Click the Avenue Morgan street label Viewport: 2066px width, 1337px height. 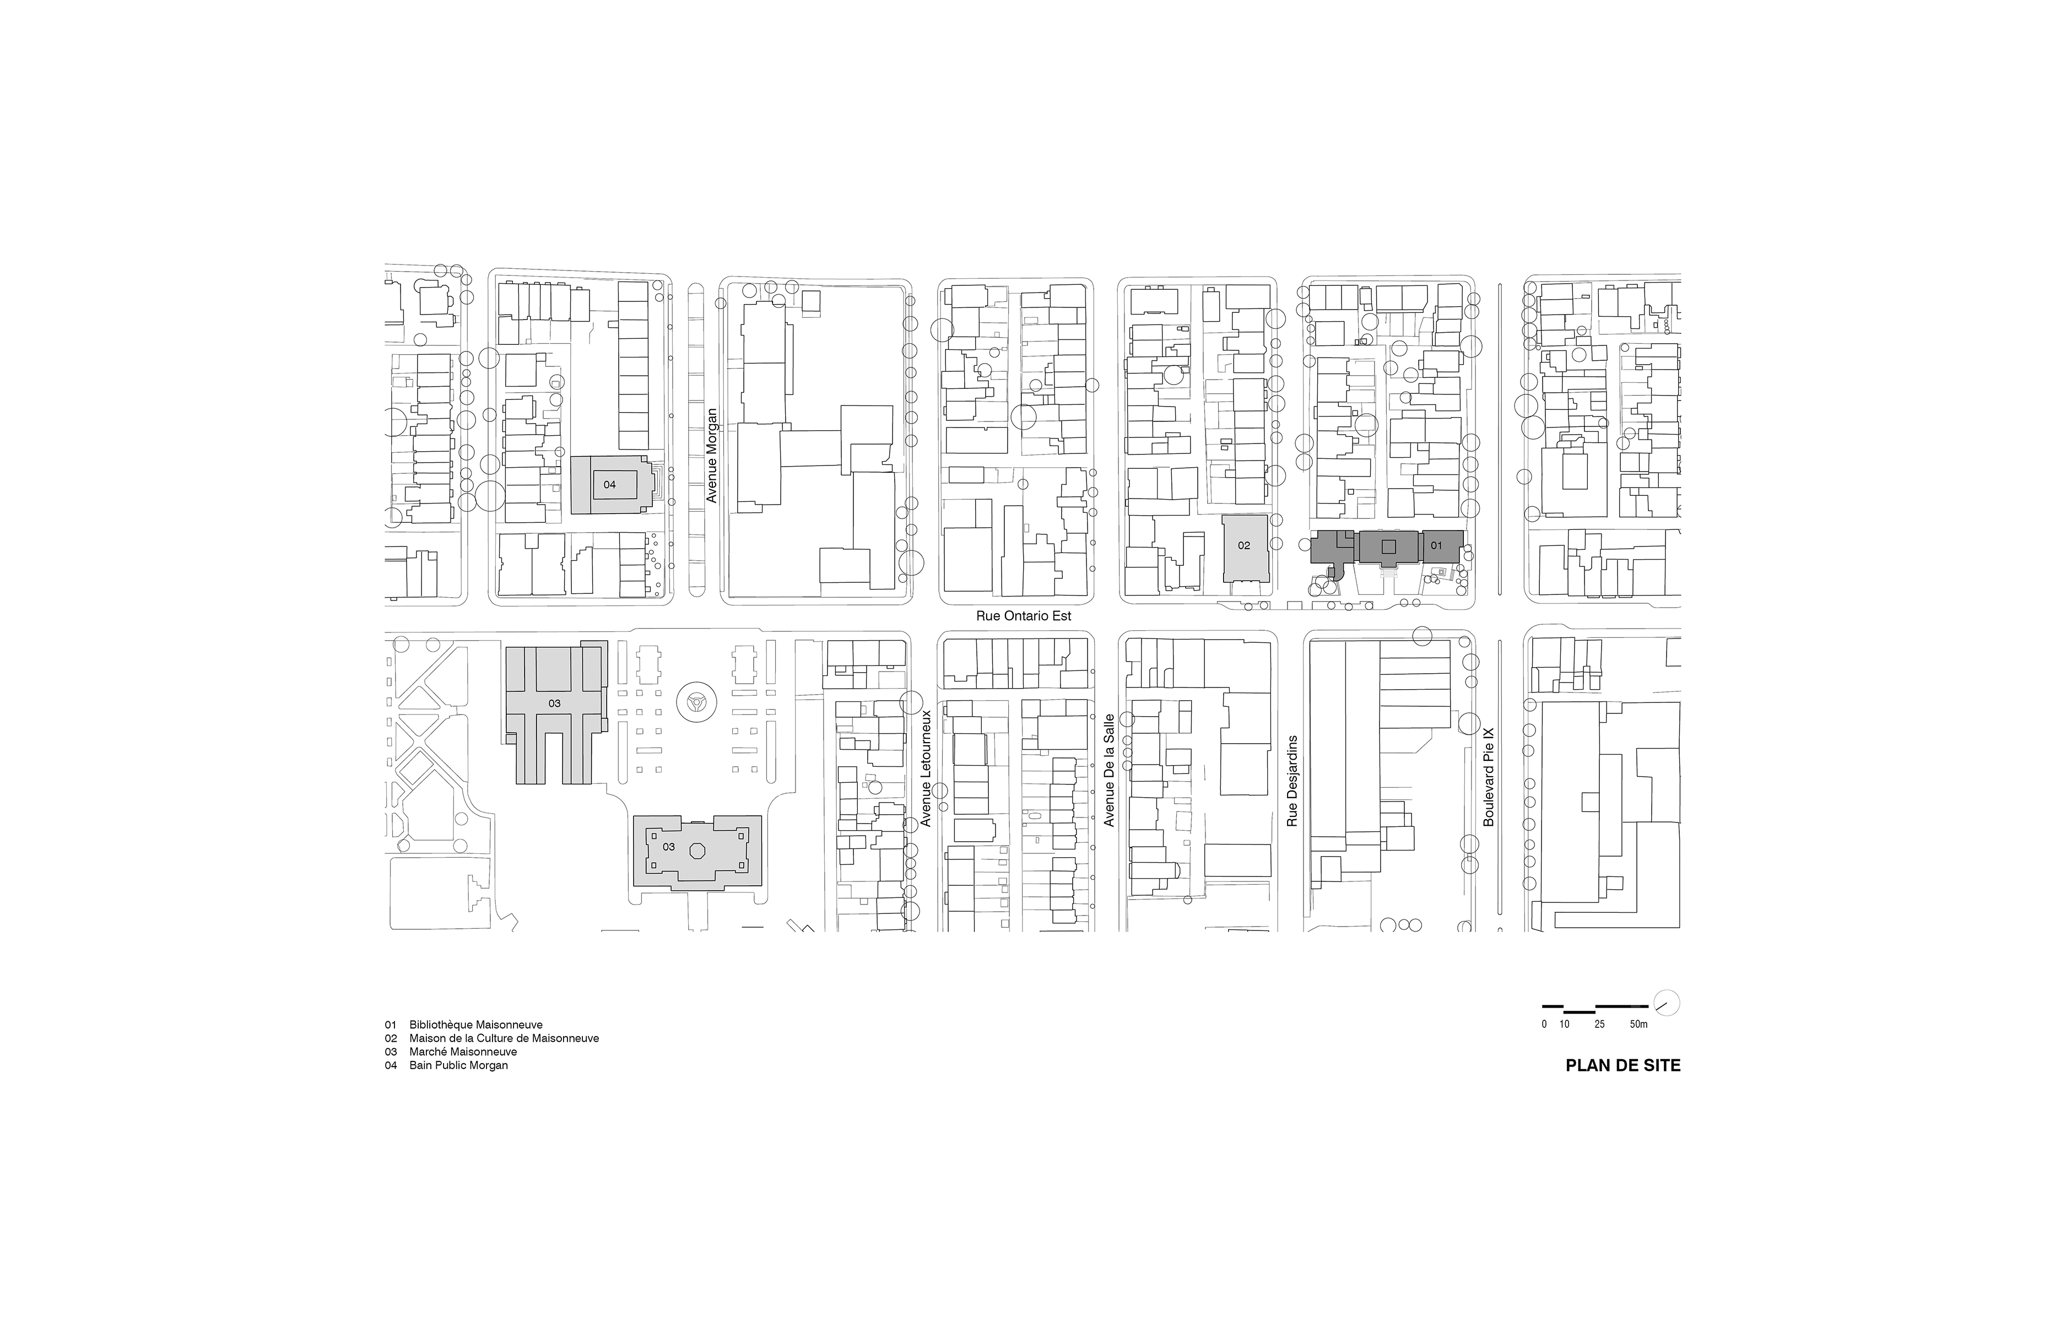[x=712, y=456]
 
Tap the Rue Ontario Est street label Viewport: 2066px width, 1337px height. [x=1024, y=615]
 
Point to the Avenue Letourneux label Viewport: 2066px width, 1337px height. [x=926, y=768]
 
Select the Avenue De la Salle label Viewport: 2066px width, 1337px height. [x=1108, y=770]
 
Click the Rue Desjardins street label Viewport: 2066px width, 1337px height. [x=1292, y=781]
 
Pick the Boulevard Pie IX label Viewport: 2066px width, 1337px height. [x=1488, y=776]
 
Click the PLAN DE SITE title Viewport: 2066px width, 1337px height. [x=1622, y=1065]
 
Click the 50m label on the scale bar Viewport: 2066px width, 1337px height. [x=1638, y=1025]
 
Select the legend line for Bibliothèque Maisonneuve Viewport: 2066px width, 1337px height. [x=464, y=1025]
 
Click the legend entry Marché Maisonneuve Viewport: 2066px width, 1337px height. [x=451, y=1052]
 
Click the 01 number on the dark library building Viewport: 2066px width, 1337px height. [x=1436, y=545]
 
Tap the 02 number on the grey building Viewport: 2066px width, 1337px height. [x=1244, y=545]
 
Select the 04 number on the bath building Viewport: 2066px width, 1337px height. [x=609, y=484]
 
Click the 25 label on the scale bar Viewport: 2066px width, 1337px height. [x=1599, y=1025]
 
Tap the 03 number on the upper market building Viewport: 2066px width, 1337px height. [x=554, y=703]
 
